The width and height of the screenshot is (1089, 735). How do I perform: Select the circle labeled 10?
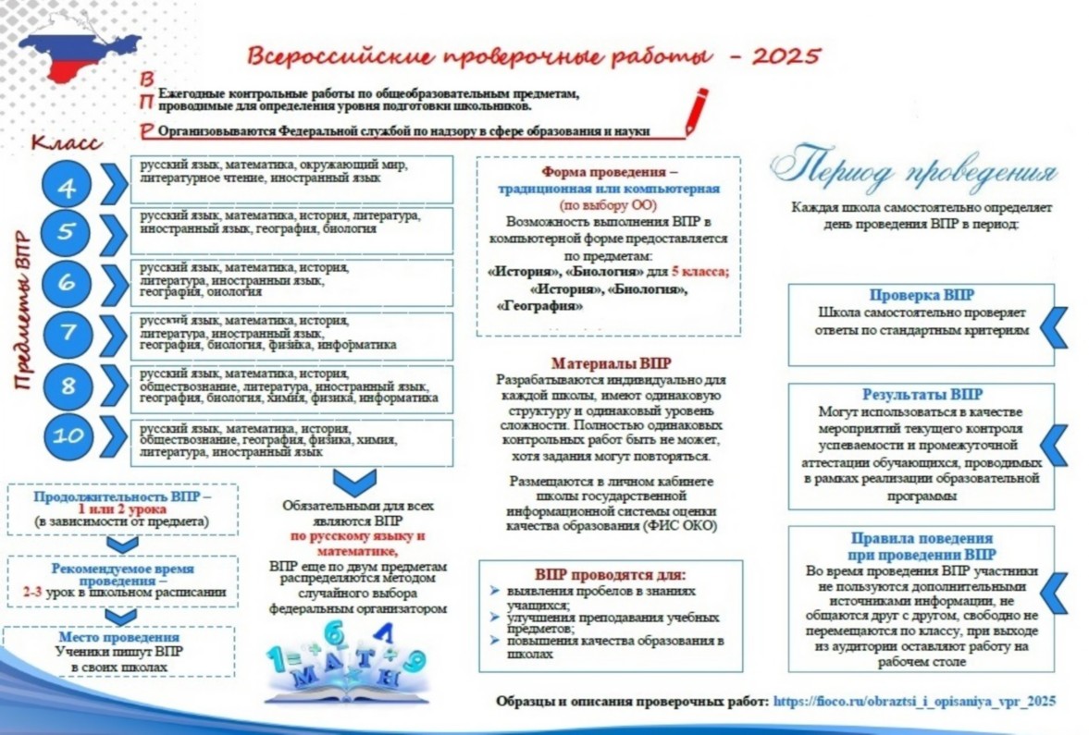(x=68, y=436)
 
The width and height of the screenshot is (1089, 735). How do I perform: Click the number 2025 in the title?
(x=786, y=55)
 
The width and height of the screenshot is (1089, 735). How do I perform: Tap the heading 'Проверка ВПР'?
(x=922, y=296)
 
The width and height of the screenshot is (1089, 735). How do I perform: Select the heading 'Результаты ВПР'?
(x=922, y=395)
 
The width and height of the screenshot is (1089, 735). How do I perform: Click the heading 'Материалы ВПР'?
(x=612, y=363)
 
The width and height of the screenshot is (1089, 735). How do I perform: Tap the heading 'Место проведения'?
(x=119, y=638)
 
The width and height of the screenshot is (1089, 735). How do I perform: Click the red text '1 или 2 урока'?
(x=121, y=509)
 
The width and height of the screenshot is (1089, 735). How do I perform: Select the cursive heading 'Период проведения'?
(x=914, y=171)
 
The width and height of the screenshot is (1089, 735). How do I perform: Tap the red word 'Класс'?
(x=66, y=143)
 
